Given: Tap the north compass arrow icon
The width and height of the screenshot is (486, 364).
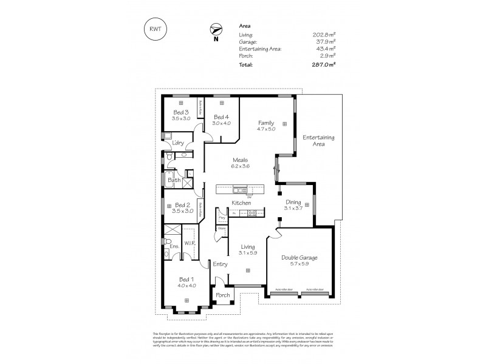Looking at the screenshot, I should coord(215,29).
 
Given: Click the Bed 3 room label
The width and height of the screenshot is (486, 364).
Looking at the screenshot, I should coord(181,113).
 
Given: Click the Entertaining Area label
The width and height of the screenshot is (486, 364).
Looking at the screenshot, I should coord(315,141).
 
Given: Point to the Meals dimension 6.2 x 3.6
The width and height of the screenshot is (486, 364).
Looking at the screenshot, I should coord(241,166).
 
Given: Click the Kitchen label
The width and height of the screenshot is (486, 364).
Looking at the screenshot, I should coord(241,203).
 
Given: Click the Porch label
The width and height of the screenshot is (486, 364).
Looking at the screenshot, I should coord(223,295).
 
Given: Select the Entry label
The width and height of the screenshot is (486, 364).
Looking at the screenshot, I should coord(219,264).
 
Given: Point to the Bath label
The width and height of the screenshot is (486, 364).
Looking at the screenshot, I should coord(174,180).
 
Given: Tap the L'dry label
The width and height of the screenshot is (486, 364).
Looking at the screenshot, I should coord(178,143).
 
